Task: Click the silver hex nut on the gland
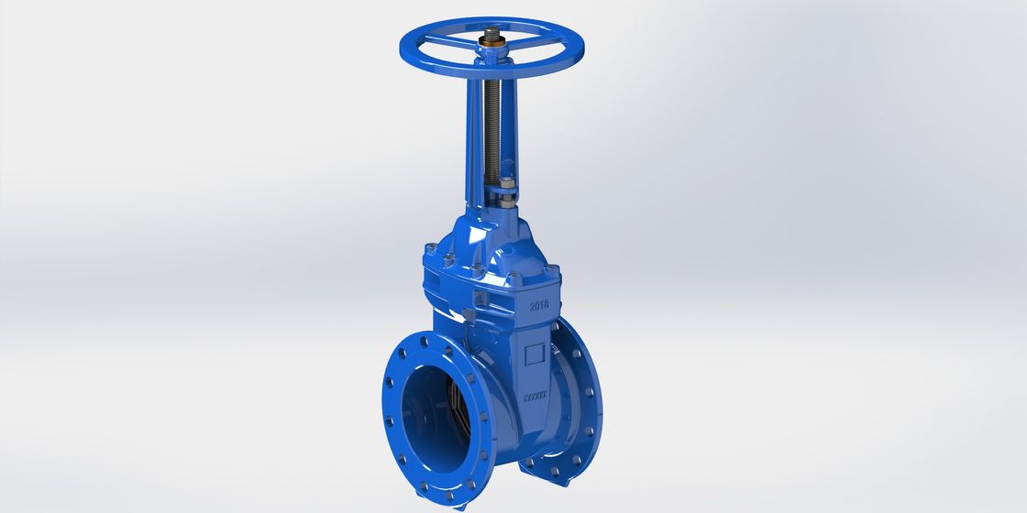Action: pyautogui.click(x=506, y=190)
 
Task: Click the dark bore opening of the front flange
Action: pyautogui.click(x=433, y=409)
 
